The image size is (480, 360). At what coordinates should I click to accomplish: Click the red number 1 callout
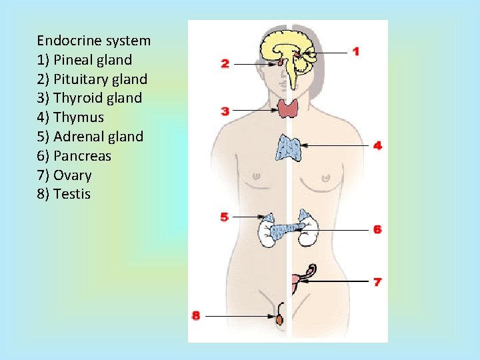(x=356, y=51)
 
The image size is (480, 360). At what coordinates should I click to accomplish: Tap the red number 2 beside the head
(x=225, y=63)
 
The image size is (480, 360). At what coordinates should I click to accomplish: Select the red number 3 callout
(x=225, y=111)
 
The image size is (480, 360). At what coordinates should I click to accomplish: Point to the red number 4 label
(x=377, y=145)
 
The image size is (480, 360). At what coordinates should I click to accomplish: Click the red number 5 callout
(x=225, y=216)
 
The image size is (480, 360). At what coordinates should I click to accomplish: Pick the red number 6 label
(x=377, y=229)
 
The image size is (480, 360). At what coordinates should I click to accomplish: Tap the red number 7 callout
(x=377, y=282)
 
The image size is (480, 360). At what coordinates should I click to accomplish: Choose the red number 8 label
(x=196, y=315)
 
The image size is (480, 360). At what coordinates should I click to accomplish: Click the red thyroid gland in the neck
(x=289, y=108)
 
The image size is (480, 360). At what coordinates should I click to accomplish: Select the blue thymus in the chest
(x=289, y=147)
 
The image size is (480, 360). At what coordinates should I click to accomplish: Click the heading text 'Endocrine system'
(x=94, y=41)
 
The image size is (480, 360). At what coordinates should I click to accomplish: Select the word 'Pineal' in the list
(x=74, y=60)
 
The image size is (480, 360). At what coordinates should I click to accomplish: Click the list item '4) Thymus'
(x=71, y=117)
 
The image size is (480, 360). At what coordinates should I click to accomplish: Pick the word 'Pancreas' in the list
(x=82, y=156)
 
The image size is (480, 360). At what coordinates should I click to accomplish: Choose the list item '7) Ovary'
(x=64, y=175)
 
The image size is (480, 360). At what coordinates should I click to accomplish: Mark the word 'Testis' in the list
(x=71, y=195)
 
